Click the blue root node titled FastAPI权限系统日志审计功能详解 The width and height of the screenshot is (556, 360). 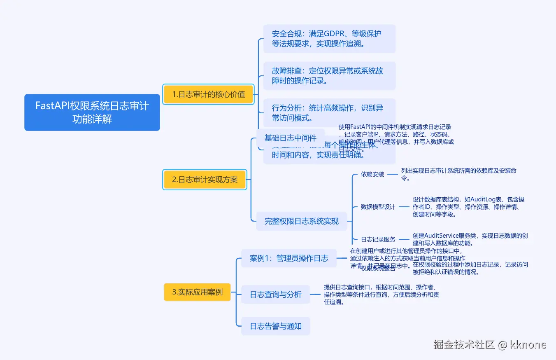click(92, 112)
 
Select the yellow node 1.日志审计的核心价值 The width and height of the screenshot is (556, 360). click(208, 94)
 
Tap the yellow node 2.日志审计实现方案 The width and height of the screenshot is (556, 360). click(205, 180)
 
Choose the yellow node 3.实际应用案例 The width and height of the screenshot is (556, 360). click(197, 292)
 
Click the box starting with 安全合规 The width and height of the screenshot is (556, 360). click(329, 39)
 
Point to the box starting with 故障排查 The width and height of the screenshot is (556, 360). click(329, 76)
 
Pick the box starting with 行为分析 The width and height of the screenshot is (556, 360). click(329, 113)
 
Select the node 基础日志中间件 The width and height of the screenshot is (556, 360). click(290, 138)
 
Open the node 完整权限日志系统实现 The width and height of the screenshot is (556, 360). click(302, 221)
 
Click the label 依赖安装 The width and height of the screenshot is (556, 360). click(372, 174)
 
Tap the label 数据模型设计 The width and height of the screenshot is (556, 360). click(378, 207)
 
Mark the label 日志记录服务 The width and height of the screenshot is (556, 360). click(378, 239)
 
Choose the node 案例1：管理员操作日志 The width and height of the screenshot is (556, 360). click(289, 258)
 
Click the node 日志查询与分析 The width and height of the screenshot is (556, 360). click(276, 295)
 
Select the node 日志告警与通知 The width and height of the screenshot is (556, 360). click(276, 326)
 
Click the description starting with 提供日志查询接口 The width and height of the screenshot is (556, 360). click(381, 295)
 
